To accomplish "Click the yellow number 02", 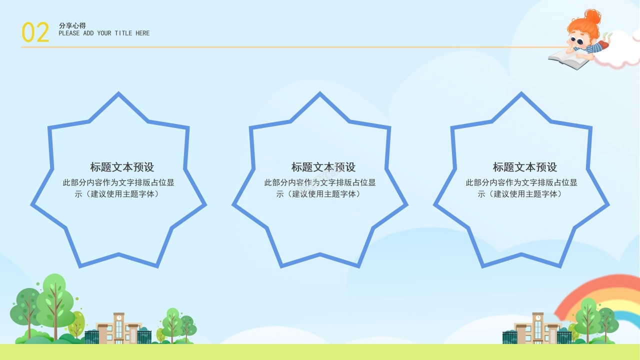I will pos(35,32).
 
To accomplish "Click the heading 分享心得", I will pos(72,25).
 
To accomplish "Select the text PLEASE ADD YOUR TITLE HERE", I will pos(104,33).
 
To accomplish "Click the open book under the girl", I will pos(569,59).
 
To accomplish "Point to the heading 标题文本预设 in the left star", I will pos(122,167).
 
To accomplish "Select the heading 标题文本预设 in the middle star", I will pos(323,167).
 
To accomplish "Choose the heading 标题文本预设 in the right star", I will pos(525,167).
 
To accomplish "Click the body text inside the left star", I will pos(118,188).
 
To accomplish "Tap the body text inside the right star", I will pos(521,188).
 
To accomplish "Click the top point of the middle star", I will pos(320,93).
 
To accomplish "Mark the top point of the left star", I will pos(118,93).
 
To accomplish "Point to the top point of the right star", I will pos(521,93).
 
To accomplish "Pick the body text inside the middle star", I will pos(320,188).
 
